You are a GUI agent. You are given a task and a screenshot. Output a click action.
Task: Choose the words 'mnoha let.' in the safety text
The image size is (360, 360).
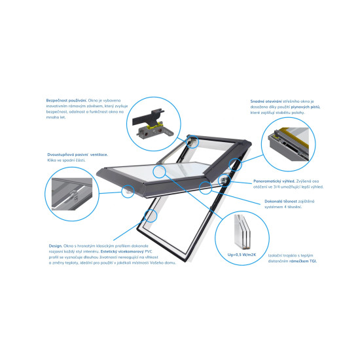click(x=58, y=117)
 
